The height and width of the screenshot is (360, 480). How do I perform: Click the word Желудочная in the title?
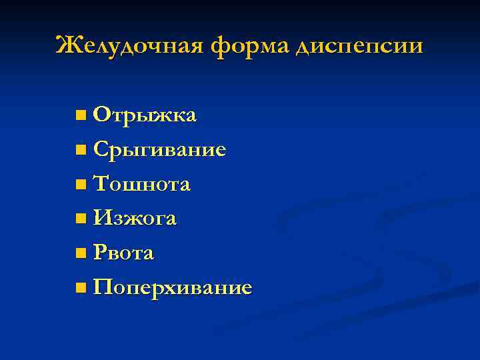pyautogui.click(x=130, y=45)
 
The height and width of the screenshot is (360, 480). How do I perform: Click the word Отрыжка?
pyautogui.click(x=145, y=115)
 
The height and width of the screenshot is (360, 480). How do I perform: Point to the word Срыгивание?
pyautogui.click(x=160, y=150)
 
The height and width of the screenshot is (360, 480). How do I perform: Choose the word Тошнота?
pyautogui.click(x=142, y=184)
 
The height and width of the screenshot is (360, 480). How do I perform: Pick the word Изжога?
pyautogui.click(x=135, y=218)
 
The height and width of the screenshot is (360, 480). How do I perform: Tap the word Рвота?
pyautogui.click(x=124, y=253)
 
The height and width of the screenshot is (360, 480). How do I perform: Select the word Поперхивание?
pyautogui.click(x=173, y=287)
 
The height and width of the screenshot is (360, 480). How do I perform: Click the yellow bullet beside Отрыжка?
pyautogui.click(x=81, y=116)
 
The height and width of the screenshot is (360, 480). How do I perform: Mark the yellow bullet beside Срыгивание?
pyautogui.click(x=81, y=150)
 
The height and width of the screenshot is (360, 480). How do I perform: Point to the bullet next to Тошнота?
pyautogui.click(x=81, y=185)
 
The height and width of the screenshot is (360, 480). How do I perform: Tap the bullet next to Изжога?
pyautogui.click(x=81, y=219)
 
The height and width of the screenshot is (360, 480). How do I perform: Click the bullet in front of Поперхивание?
pyautogui.click(x=81, y=287)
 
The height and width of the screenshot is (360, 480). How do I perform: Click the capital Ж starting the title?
pyautogui.click(x=67, y=45)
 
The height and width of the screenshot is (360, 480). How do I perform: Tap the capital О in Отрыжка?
pyautogui.click(x=103, y=115)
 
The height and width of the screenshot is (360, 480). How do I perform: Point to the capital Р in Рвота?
pyautogui.click(x=101, y=253)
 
